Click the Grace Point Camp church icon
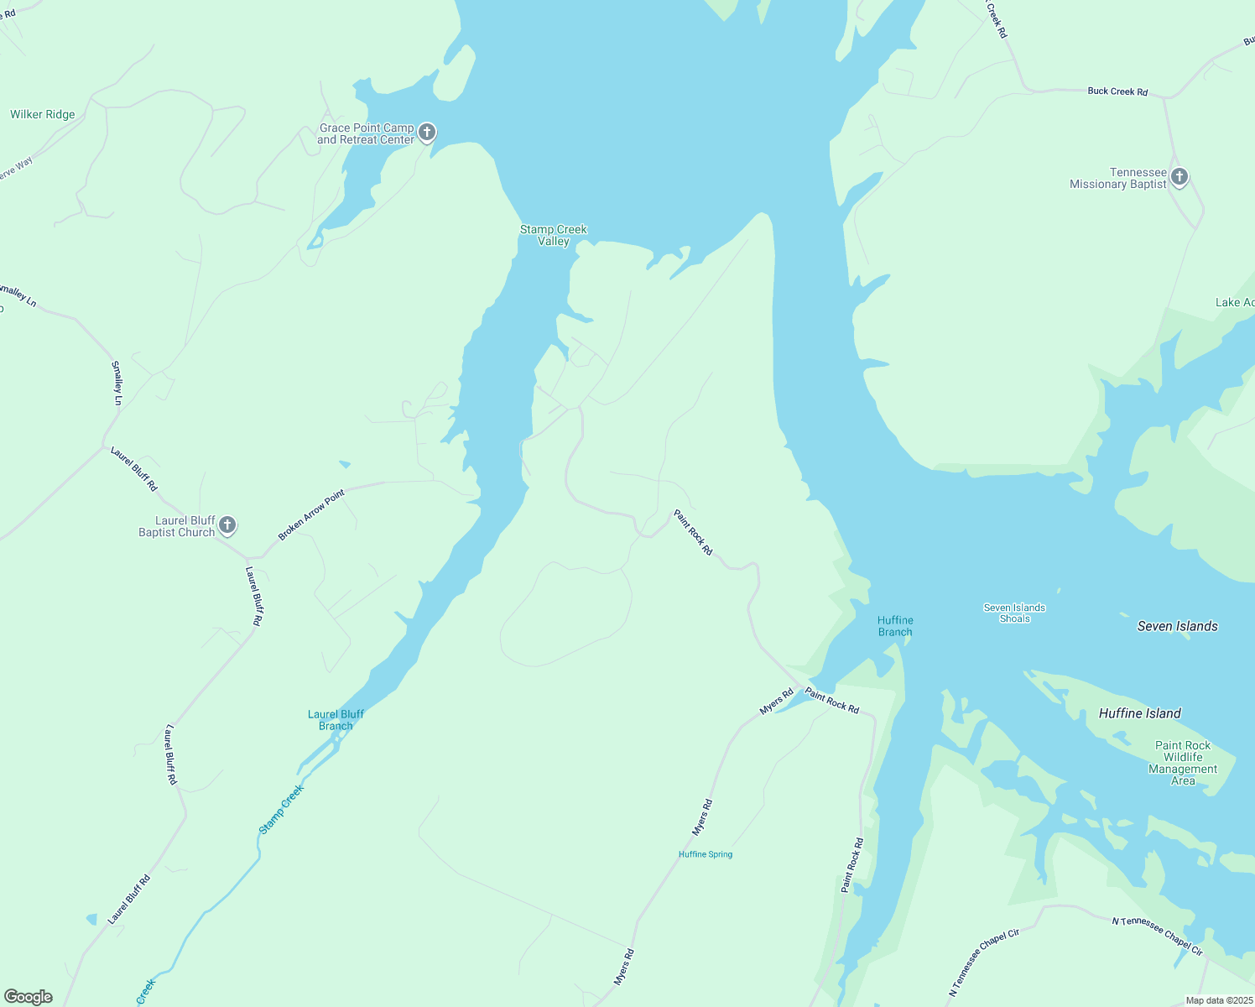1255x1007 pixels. (x=427, y=133)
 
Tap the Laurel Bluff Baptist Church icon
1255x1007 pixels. (x=227, y=526)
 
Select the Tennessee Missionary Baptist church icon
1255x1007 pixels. (x=1179, y=177)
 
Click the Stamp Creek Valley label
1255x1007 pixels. (x=554, y=235)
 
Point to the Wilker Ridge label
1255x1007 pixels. (x=43, y=114)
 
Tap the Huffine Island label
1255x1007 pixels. (x=1139, y=713)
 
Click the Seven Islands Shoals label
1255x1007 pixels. (x=1014, y=613)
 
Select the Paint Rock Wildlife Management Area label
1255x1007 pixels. (x=1183, y=763)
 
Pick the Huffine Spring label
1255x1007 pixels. (x=706, y=854)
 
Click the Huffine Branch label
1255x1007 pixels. (x=895, y=626)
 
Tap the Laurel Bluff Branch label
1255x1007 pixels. (x=336, y=720)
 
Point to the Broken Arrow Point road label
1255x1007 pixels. (x=311, y=515)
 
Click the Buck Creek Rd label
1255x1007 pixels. (x=1117, y=91)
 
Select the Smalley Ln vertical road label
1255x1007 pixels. (x=117, y=383)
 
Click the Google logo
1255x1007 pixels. (x=29, y=997)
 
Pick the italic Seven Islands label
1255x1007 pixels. (x=1177, y=626)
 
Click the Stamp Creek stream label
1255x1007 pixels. (x=281, y=809)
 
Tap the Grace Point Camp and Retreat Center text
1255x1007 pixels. (x=366, y=134)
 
